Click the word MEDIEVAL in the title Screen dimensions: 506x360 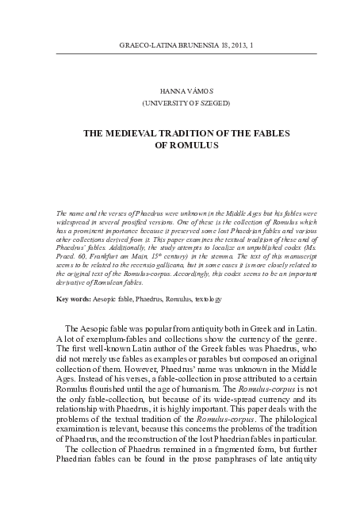(x=155, y=134)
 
